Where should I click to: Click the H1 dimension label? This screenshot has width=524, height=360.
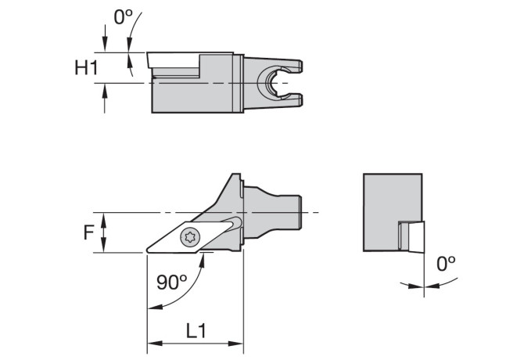[x=86, y=67]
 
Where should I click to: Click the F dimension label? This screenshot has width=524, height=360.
[x=88, y=232]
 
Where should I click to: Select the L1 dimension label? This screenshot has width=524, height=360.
[x=196, y=330]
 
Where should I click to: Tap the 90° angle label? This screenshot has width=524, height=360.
[x=172, y=282]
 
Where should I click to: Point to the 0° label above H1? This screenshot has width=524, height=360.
[x=123, y=16]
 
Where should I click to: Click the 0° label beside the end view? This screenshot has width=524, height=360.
[x=446, y=264]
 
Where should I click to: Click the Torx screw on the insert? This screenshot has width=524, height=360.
[x=190, y=238]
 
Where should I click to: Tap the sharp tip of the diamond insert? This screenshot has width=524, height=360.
[x=147, y=250]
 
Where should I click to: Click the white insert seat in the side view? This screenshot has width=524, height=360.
[x=174, y=60]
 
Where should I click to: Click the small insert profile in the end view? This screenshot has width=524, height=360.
[x=411, y=236]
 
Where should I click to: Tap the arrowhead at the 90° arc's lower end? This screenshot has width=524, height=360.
[x=155, y=307]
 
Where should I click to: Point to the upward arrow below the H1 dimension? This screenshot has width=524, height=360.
[x=105, y=99]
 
